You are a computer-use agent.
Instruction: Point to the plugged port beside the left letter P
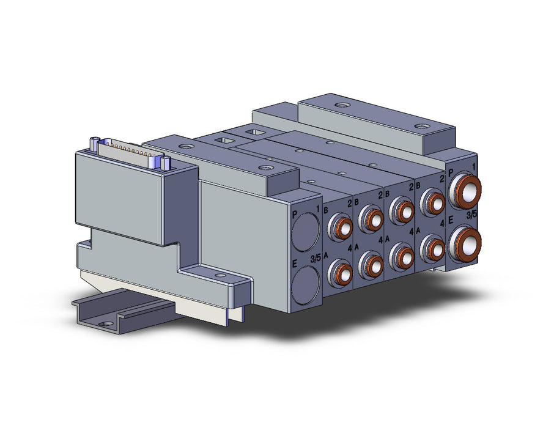306,232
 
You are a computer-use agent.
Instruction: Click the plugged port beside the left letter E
306,285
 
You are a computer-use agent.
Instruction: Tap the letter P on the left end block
295,215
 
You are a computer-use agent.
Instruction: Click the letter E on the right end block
451,221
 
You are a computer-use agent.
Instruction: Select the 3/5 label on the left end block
315,259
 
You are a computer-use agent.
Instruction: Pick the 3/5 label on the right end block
471,215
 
